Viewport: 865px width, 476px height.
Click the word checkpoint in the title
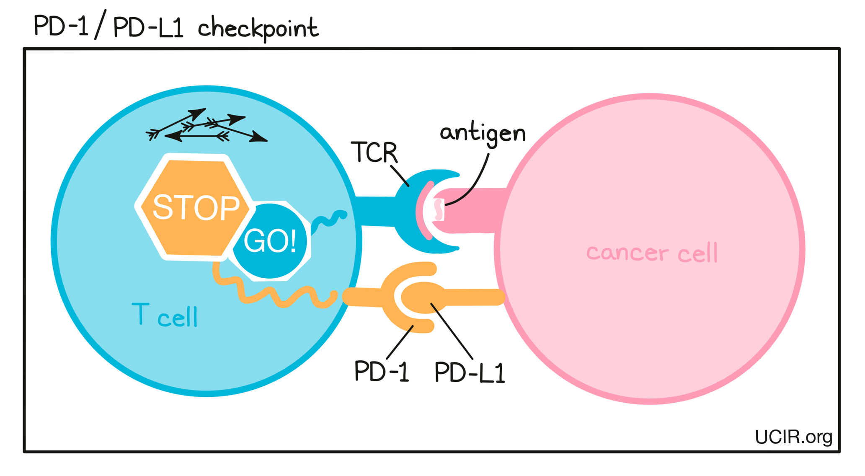[258, 28]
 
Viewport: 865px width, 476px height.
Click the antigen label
[483, 134]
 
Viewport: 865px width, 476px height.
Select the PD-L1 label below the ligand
[470, 372]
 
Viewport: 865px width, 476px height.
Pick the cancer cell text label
[652, 253]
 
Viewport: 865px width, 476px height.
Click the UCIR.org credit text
[793, 437]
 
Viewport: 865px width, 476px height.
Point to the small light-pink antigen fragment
[439, 210]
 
